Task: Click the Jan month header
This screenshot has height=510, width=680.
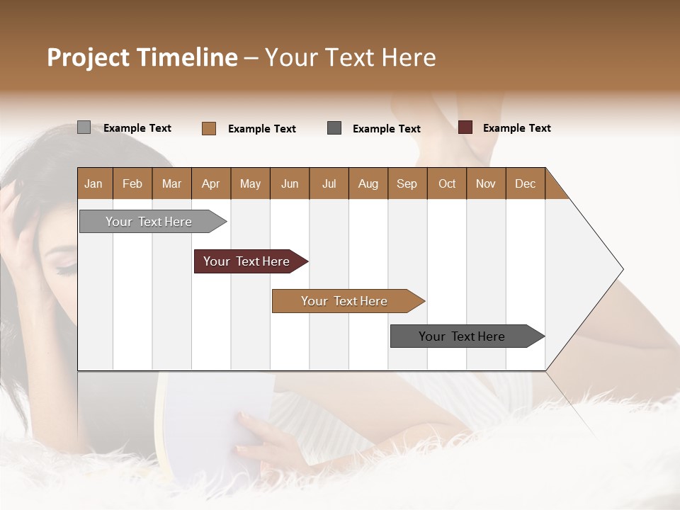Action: [94, 184]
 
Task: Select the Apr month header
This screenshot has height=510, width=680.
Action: [211, 184]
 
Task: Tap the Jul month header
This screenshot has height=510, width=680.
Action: [329, 184]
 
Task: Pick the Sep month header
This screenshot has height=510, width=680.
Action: [407, 184]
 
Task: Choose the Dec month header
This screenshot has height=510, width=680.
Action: [525, 184]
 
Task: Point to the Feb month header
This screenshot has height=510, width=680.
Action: [132, 184]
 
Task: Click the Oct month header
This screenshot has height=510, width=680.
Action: [447, 184]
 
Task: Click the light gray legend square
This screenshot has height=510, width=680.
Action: [84, 127]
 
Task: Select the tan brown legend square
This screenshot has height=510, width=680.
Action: [209, 128]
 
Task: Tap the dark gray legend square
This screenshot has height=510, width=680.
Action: [334, 128]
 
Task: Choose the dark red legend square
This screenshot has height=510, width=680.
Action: [465, 127]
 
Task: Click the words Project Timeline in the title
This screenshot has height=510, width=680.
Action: [142, 57]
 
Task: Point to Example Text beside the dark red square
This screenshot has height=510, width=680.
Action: [516, 128]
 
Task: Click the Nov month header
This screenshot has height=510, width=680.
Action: [486, 184]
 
